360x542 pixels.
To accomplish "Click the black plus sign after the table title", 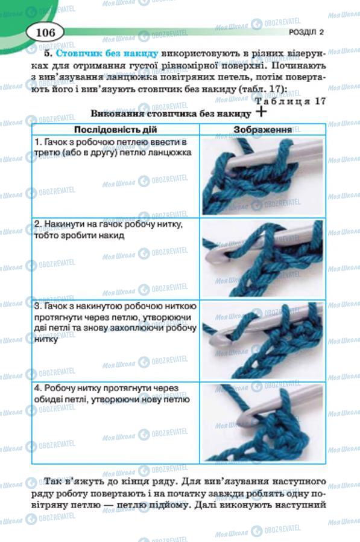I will pyautogui.click(x=261, y=111).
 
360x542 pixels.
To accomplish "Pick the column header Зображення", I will pyautogui.click(x=262, y=129).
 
